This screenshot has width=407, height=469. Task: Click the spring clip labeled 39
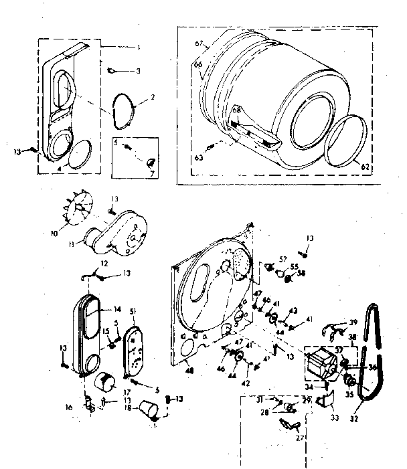pyautogui.click(x=335, y=328)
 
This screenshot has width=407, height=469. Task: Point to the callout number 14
pyautogui.click(x=118, y=309)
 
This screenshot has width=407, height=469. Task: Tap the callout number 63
pyautogui.click(x=199, y=159)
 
